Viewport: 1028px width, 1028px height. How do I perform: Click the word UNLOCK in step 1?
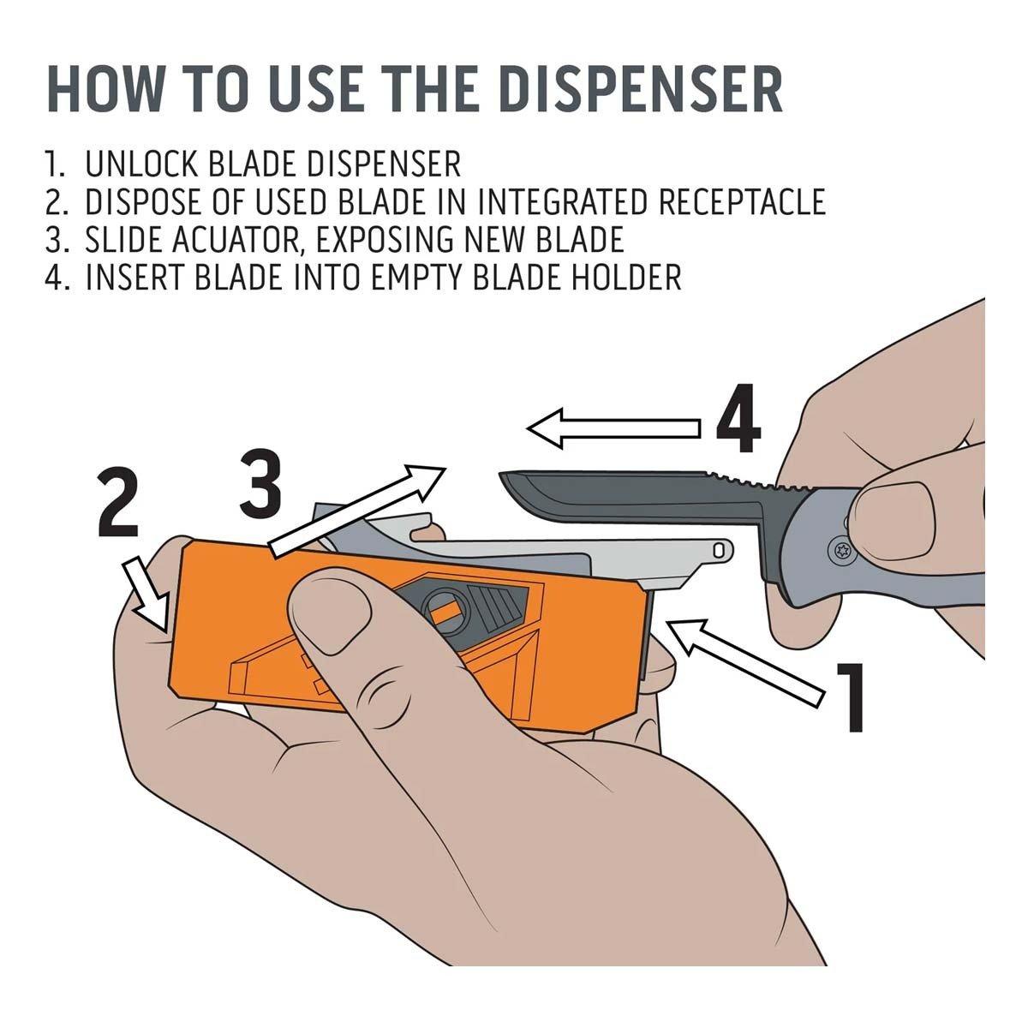coord(140,164)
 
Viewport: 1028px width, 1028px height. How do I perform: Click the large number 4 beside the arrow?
coord(738,418)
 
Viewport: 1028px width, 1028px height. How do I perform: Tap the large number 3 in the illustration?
coord(260,484)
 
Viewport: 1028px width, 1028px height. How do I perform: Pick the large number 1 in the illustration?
coord(848,697)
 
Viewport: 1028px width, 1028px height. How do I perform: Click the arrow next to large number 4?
coord(613,428)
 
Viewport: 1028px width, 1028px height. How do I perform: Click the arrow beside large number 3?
coord(356,511)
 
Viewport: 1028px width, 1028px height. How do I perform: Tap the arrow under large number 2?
coord(147,596)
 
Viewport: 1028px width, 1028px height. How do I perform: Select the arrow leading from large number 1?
coord(746,664)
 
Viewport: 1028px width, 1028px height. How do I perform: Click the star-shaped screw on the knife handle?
coord(843,549)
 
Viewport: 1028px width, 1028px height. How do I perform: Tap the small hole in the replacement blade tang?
coord(718,549)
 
